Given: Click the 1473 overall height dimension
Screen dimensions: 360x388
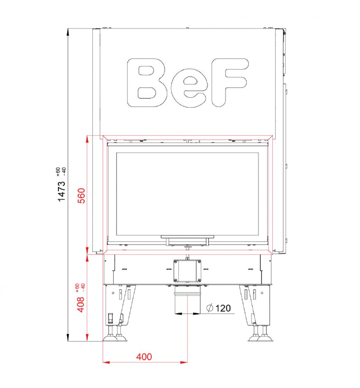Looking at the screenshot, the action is [x=62, y=191].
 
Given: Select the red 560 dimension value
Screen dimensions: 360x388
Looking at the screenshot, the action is [x=81, y=195].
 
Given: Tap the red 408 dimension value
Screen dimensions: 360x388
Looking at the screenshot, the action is [x=81, y=305].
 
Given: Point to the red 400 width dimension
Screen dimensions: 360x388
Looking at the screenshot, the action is [x=144, y=356].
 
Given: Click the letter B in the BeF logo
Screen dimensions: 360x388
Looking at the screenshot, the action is [x=147, y=83].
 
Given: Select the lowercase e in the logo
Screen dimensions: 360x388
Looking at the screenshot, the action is [x=189, y=88].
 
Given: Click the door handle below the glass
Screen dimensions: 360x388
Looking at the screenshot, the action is [x=187, y=239].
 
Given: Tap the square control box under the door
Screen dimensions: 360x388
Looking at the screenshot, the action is [x=187, y=271].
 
